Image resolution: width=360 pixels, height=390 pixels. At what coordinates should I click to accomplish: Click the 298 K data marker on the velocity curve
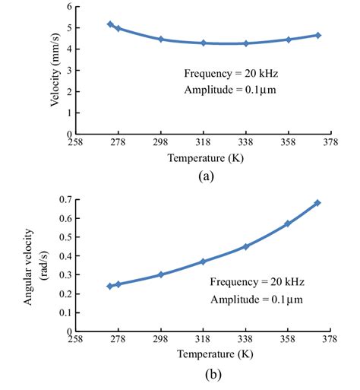(161, 39)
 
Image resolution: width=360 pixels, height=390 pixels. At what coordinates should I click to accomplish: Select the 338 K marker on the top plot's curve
(246, 43)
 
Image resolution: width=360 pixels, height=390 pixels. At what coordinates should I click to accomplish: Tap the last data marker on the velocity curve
(318, 35)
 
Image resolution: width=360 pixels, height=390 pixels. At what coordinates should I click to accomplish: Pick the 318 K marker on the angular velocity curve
(203, 262)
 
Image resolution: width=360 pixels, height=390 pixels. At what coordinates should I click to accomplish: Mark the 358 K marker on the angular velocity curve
(287, 224)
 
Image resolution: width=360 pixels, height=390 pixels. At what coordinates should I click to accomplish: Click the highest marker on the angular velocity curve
(317, 203)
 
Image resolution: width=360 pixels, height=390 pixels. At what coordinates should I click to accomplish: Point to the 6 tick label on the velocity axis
(69, 7)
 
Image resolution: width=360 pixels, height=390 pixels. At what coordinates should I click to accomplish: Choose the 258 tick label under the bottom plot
(76, 341)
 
